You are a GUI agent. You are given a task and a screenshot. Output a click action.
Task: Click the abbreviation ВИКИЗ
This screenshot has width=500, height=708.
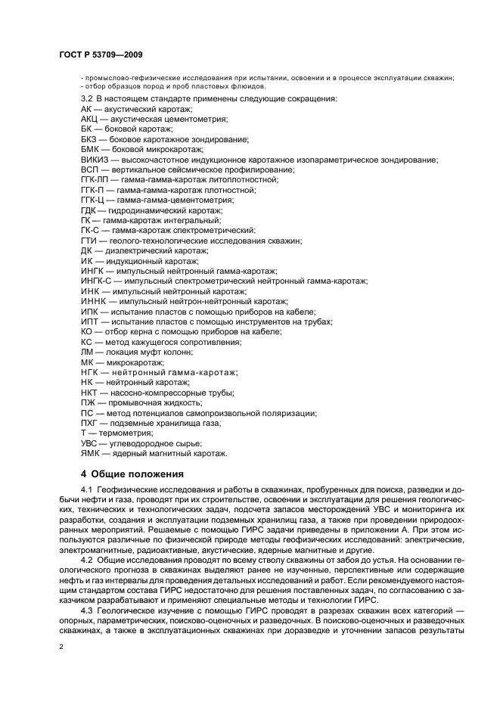[94, 160]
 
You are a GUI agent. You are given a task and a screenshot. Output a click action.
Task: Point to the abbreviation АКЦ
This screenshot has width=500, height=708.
[89, 120]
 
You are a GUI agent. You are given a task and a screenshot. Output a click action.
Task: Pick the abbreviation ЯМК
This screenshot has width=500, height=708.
[90, 453]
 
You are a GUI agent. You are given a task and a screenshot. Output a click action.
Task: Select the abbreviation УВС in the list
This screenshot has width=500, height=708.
[90, 443]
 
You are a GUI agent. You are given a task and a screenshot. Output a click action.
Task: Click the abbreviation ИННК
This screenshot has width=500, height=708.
[92, 301]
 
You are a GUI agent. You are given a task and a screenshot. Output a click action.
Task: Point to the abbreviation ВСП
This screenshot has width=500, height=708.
[89, 170]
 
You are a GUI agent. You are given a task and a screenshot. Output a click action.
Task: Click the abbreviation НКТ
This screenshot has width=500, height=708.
[89, 393]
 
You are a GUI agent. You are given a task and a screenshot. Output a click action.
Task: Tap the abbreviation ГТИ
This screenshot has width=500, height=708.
[89, 241]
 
